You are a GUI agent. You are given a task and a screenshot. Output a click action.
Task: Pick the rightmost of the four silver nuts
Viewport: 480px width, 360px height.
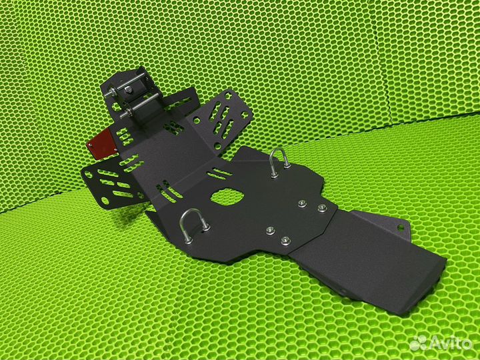[322, 208]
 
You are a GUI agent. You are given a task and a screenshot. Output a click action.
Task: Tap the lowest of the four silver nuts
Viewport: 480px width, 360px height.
[285, 240]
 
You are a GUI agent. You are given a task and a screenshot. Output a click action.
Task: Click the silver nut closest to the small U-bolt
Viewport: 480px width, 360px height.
[303, 203]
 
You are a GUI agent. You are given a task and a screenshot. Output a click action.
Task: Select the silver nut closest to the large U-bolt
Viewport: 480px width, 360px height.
[270, 230]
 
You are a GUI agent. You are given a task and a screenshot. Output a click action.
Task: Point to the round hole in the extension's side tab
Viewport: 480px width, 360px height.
[401, 228]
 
